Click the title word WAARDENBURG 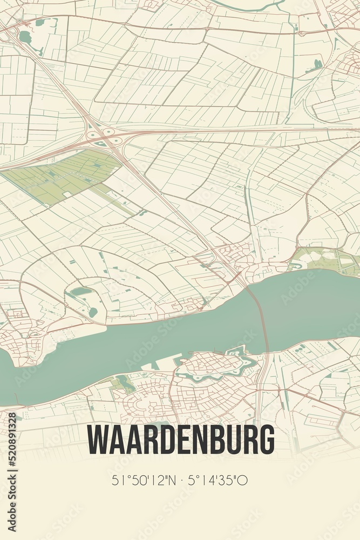[181, 440]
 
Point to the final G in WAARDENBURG [266, 440]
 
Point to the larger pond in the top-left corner [25, 37]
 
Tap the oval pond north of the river [81, 292]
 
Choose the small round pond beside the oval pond [93, 312]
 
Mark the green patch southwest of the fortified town [124, 384]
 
